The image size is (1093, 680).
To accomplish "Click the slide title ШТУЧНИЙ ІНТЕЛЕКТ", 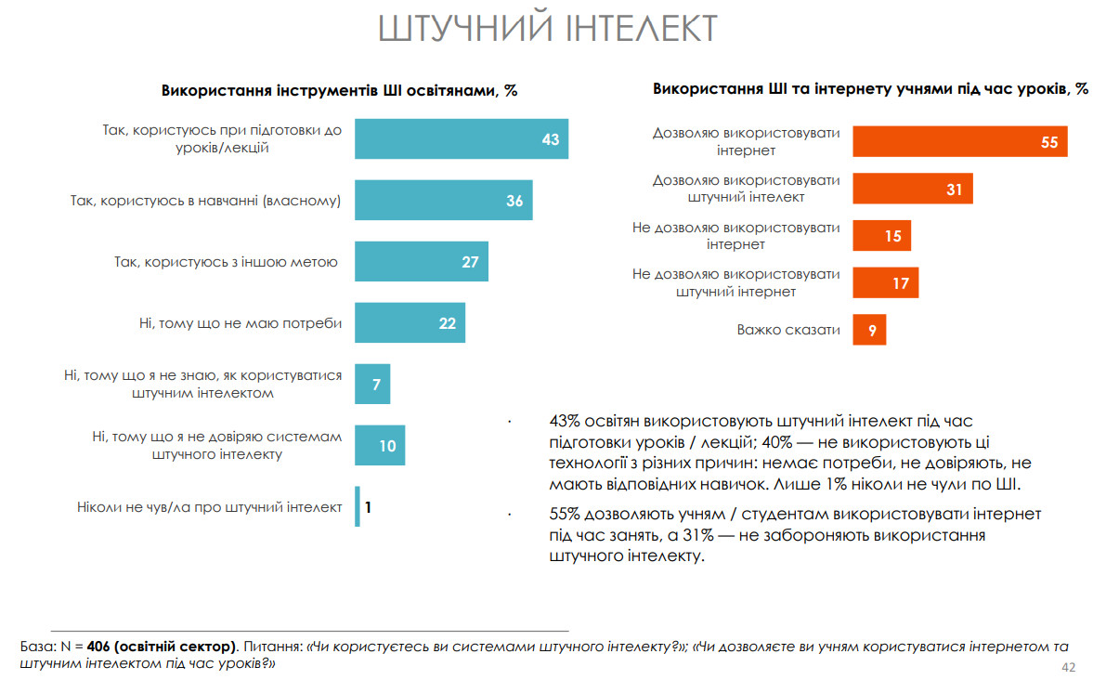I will [548, 29].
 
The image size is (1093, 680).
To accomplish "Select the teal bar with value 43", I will [462, 139].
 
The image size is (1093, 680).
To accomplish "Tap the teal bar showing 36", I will [444, 201].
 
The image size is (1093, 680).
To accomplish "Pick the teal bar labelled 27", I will [422, 262].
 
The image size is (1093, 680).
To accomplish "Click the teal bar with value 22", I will [410, 323].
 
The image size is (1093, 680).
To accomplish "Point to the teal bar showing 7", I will [372, 384].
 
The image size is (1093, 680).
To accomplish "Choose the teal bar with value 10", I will [380, 446].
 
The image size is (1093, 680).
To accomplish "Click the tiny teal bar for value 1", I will [358, 507].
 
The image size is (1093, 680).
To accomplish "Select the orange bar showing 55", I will [960, 141].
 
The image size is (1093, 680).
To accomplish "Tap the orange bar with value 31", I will [913, 189].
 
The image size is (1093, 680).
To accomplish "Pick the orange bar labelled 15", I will [882, 236].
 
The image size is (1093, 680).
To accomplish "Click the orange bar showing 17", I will [886, 282].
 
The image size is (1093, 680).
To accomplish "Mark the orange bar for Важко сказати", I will [870, 329].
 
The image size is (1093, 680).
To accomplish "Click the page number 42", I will [1068, 668].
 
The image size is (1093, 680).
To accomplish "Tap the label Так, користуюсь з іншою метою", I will [226, 262].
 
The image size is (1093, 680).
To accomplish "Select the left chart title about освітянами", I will [339, 91].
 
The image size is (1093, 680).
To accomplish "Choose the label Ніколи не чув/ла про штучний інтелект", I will [210, 507].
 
